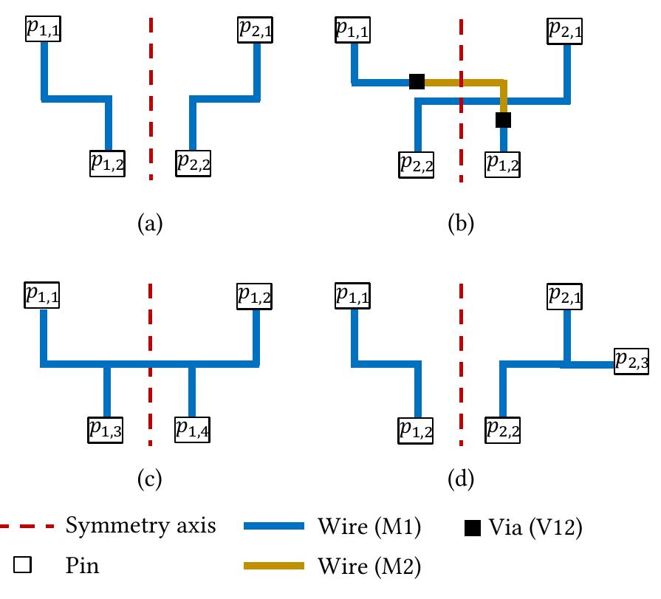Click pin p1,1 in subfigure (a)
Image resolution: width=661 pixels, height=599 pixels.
point(44,28)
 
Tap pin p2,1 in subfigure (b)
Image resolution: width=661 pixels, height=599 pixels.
point(566,30)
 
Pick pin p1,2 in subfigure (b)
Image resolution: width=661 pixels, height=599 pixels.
point(503,162)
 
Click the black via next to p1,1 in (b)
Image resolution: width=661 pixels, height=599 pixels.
point(417,81)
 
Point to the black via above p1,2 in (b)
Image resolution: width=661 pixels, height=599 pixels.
point(504,119)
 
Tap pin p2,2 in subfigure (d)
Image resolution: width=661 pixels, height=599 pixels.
point(503,428)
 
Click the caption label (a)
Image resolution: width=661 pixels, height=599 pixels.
point(150,222)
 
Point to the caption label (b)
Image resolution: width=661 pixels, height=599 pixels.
point(461,222)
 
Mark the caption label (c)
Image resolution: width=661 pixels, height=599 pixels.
point(150,481)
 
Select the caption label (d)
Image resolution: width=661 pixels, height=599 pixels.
point(461,481)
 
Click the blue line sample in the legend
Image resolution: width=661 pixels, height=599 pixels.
point(273,527)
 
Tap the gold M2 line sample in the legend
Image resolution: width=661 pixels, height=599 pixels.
point(273,566)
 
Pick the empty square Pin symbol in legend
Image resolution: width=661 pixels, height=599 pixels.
point(23,566)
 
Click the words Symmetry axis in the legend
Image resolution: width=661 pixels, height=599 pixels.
point(140,526)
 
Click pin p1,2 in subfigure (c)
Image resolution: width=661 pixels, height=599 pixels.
point(255,295)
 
